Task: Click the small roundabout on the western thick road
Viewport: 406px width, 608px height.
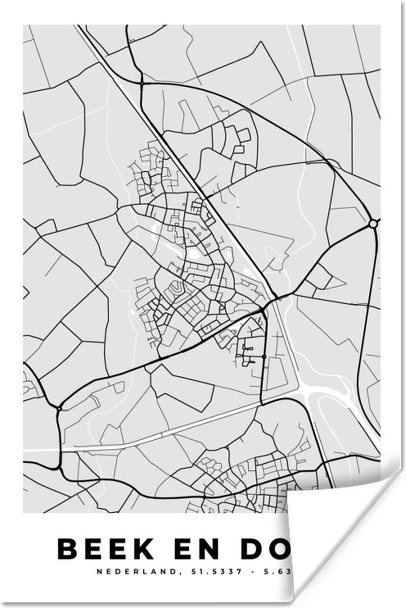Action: point(59,407)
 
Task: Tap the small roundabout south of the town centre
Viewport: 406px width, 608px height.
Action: point(264,357)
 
